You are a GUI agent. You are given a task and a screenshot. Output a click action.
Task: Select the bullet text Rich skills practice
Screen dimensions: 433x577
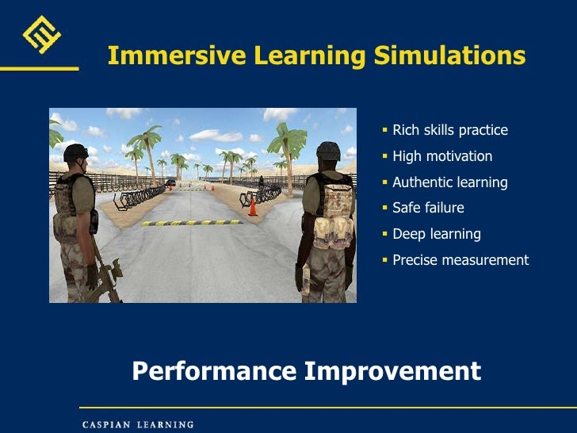pyautogui.click(x=449, y=130)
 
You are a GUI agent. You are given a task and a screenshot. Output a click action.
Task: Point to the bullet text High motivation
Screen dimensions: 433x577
pyautogui.click(x=441, y=156)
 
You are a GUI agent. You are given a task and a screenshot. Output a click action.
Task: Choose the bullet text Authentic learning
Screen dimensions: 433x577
pyautogui.click(x=449, y=182)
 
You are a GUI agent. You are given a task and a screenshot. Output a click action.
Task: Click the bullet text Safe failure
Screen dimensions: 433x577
pyautogui.click(x=428, y=208)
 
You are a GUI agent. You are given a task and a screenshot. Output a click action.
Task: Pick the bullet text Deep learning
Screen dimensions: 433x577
pyautogui.click(x=436, y=234)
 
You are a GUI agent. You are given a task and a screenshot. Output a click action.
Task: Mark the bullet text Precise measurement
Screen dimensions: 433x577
pyautogui.click(x=460, y=260)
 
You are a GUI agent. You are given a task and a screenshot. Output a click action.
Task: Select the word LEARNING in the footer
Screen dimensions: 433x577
pyautogui.click(x=165, y=424)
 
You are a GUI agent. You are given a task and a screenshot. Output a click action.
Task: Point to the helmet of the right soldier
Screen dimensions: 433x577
pyautogui.click(x=327, y=150)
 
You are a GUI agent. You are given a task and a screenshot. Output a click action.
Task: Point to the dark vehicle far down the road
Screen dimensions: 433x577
pyautogui.click(x=170, y=182)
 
